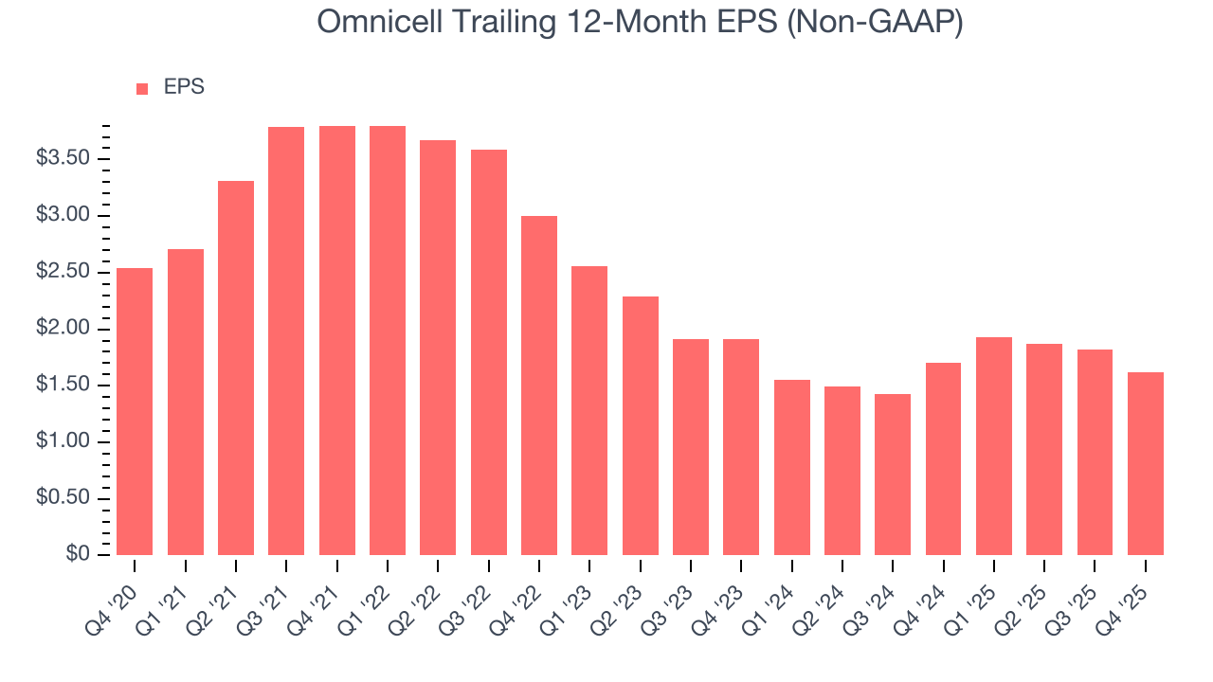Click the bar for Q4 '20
click(135, 411)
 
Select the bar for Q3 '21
click(286, 341)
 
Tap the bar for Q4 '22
click(539, 386)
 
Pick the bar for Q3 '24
click(893, 475)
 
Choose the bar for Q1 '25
click(994, 446)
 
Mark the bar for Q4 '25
click(1146, 463)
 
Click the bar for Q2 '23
click(641, 425)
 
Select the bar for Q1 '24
click(792, 467)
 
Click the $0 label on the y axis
click(78, 555)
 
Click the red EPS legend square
click(142, 88)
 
